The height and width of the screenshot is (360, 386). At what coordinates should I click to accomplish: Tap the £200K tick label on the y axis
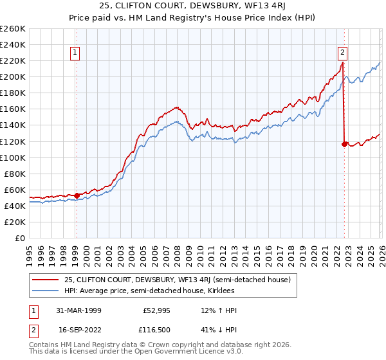point(13,76)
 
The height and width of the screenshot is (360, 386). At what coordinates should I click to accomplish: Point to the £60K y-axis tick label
point(15,190)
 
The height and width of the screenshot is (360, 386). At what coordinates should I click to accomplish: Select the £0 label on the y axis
point(21,238)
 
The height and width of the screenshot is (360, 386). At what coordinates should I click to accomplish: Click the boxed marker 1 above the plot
point(75,53)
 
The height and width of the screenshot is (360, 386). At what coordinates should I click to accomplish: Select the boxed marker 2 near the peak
point(342,53)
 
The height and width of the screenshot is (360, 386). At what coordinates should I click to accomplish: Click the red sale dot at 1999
point(77,195)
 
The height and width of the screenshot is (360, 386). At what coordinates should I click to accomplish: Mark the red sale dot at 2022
point(344,144)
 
